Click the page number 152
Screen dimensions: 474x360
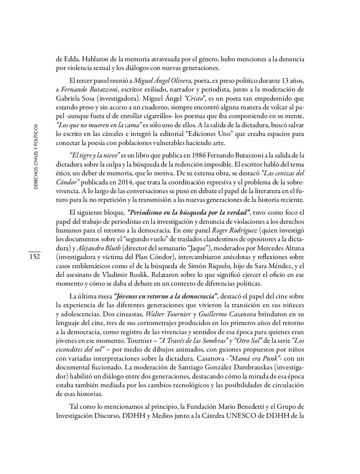(34, 257)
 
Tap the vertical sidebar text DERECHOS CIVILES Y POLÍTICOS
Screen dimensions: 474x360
(36, 156)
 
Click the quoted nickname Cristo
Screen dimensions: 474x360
(194, 98)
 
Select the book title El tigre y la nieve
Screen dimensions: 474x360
(95, 155)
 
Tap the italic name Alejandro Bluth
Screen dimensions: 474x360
(99, 248)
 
